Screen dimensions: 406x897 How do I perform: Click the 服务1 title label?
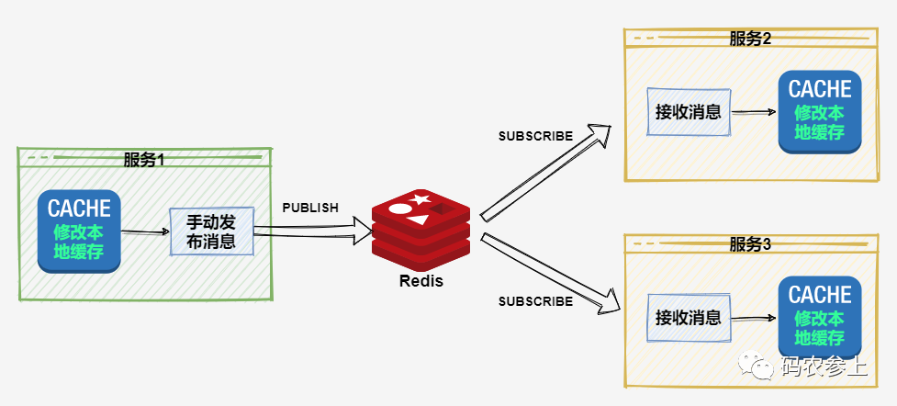(x=143, y=159)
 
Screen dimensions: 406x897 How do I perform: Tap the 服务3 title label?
(x=749, y=244)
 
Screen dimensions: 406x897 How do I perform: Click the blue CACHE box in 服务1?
(x=79, y=231)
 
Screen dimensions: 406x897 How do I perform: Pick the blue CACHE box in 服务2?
(x=820, y=112)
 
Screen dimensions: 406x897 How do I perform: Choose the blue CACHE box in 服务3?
(x=820, y=318)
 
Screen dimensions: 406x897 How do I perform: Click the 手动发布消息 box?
(x=211, y=231)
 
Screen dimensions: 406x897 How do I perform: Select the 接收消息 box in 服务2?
(x=688, y=112)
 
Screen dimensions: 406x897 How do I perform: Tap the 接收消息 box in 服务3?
(x=688, y=318)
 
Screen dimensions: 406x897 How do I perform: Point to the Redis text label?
(x=420, y=281)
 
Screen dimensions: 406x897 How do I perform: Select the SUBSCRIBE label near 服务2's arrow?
(x=535, y=136)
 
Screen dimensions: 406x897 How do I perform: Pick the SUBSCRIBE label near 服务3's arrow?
(x=535, y=301)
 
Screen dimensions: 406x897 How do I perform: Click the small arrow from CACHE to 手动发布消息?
(x=145, y=232)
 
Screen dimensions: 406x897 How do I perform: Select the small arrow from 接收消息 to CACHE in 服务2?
(x=754, y=112)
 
